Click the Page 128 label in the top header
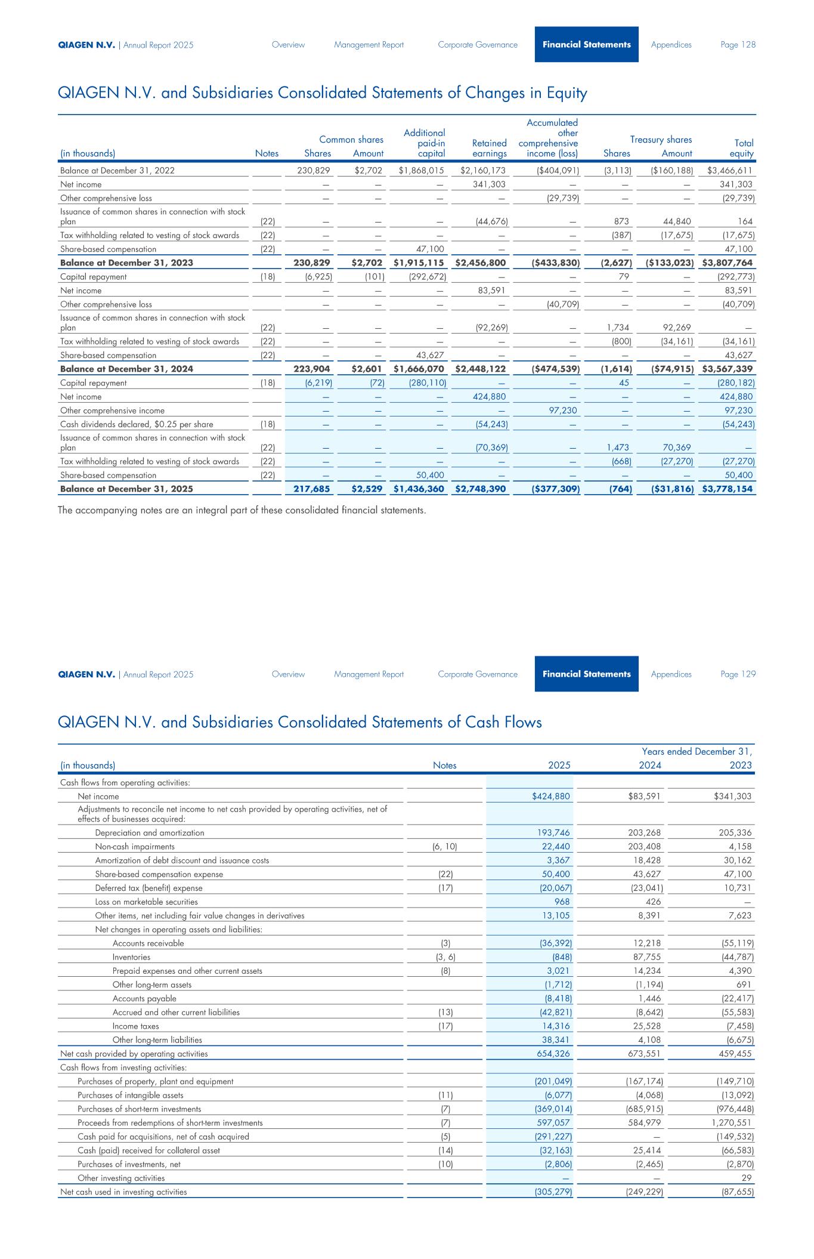click(x=738, y=45)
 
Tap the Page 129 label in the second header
click(x=738, y=674)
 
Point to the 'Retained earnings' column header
click(x=489, y=148)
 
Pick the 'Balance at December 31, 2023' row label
click(x=126, y=263)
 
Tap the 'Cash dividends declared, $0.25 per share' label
click(x=137, y=424)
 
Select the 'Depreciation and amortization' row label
click(x=150, y=832)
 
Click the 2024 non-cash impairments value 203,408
click(x=644, y=846)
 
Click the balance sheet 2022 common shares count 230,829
click(x=314, y=171)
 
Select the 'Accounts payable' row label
click(x=144, y=998)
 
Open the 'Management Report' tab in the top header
click(x=369, y=45)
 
